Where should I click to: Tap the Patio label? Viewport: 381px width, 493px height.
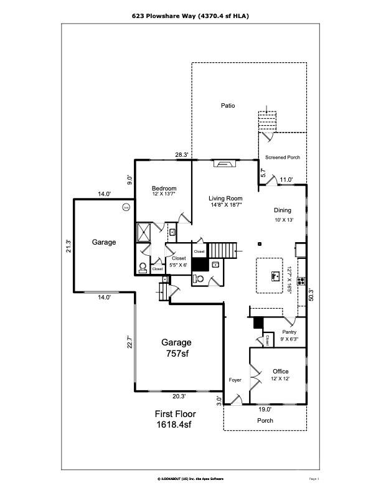(228, 106)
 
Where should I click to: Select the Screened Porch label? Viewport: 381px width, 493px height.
(282, 157)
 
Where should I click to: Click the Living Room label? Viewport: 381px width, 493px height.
(225, 198)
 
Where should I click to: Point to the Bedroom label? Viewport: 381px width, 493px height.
(164, 189)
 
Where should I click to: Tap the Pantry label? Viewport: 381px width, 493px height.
(289, 332)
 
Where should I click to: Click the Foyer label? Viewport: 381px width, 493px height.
(235, 380)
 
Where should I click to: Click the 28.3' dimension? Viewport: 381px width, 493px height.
(181, 155)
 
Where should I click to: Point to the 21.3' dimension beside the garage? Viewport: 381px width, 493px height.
(68, 246)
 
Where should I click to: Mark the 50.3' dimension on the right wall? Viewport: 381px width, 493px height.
(311, 295)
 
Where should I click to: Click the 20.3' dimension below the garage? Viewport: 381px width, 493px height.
(179, 395)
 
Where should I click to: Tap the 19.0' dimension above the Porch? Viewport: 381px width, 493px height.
(265, 409)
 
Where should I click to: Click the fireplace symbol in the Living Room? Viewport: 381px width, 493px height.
(223, 164)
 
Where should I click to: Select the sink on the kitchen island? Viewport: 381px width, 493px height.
(273, 275)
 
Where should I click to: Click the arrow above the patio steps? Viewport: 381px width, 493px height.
(267, 110)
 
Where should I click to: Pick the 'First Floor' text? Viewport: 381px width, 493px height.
(175, 413)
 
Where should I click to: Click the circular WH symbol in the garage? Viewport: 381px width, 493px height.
(125, 207)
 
